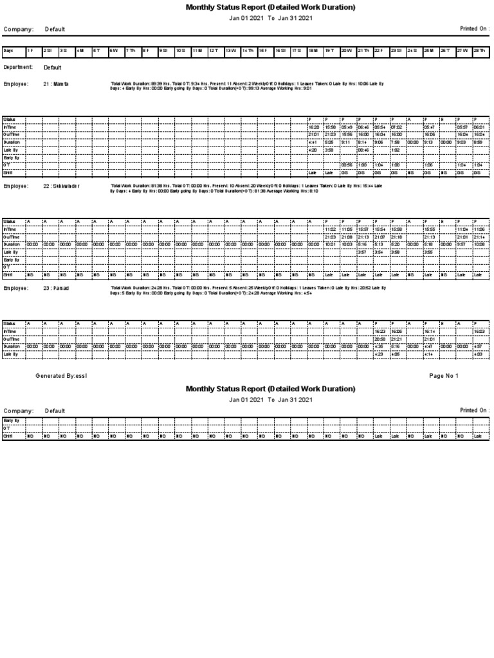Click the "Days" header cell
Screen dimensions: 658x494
click(x=8, y=50)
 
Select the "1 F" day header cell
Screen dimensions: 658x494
click(x=30, y=50)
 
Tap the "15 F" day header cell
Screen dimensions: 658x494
click(x=262, y=50)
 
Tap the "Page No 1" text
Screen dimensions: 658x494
click(x=443, y=375)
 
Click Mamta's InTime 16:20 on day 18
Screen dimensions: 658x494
click(x=314, y=127)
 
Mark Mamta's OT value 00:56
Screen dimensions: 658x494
click(x=347, y=165)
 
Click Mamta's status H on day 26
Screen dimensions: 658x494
click(x=442, y=120)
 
